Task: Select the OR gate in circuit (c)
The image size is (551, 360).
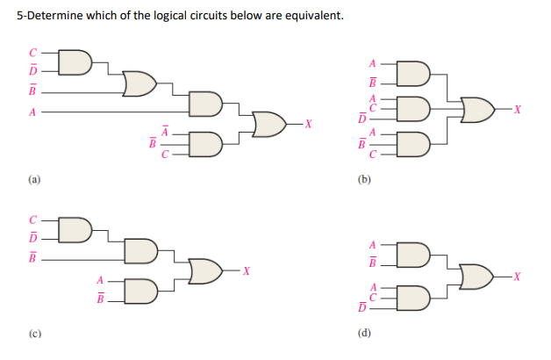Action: [204, 270]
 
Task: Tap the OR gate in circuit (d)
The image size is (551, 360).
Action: [475, 276]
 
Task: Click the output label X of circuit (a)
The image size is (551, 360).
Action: [308, 124]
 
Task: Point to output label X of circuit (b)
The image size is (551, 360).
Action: [519, 110]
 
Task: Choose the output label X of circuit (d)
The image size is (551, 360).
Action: [519, 276]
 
